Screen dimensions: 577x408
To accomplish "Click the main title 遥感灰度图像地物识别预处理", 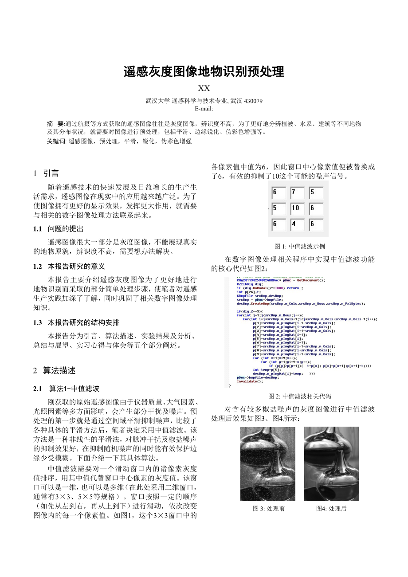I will coord(204,72).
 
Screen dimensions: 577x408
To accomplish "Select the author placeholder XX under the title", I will coord(204,88).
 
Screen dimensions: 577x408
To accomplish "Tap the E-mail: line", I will coord(204,108).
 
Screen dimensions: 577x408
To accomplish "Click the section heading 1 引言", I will coord(46,173).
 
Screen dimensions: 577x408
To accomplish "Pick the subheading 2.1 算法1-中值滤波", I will coord(66,389).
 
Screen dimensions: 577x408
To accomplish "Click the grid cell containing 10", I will coord(297,208).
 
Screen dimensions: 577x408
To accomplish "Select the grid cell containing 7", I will coord(297,193).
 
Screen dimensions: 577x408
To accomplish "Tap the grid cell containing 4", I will coord(297,224).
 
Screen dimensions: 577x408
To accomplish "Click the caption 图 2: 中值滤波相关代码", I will coord(300,396).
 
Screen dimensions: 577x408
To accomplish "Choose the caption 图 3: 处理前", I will coord(269,509).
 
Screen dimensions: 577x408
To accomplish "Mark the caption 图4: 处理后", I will coord(331,509).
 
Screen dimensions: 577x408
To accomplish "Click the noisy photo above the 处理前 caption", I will coord(268,463).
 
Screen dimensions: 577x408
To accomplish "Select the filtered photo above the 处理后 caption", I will coord(331,463).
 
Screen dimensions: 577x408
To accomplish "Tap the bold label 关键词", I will coord(56,141).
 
